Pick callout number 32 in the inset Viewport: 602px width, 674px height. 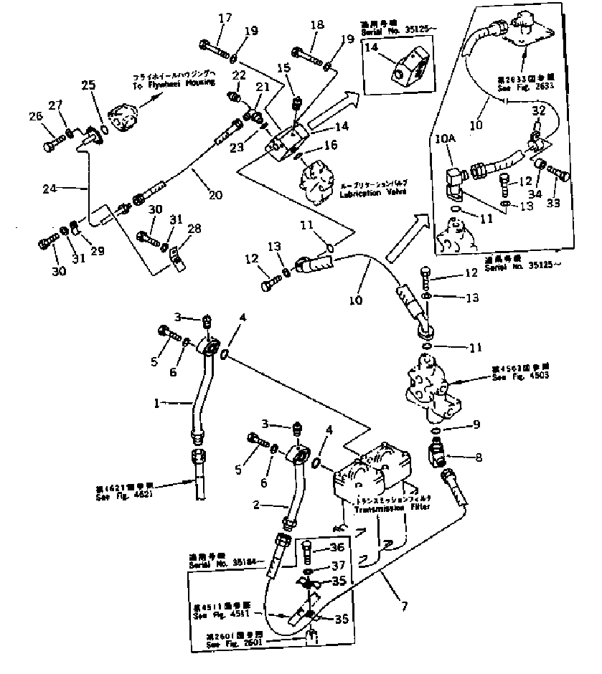click(x=538, y=110)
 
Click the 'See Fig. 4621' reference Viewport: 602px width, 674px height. click(x=124, y=494)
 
